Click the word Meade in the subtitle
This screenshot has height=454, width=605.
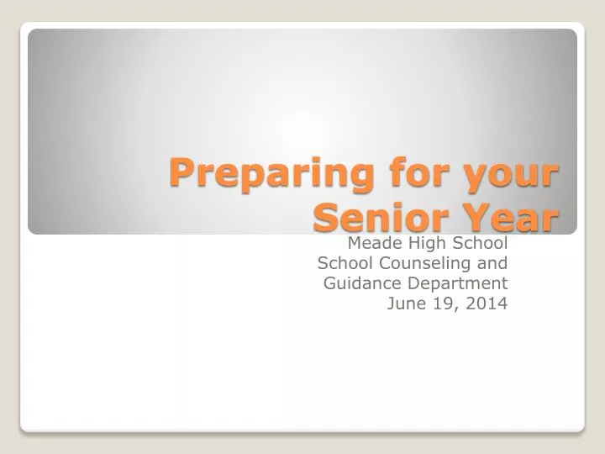tap(371, 244)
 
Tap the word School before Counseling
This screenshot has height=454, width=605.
tap(346, 263)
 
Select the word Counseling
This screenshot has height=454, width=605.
tap(426, 264)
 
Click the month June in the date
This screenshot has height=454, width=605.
tap(404, 304)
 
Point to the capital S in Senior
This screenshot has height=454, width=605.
tap(325, 219)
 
